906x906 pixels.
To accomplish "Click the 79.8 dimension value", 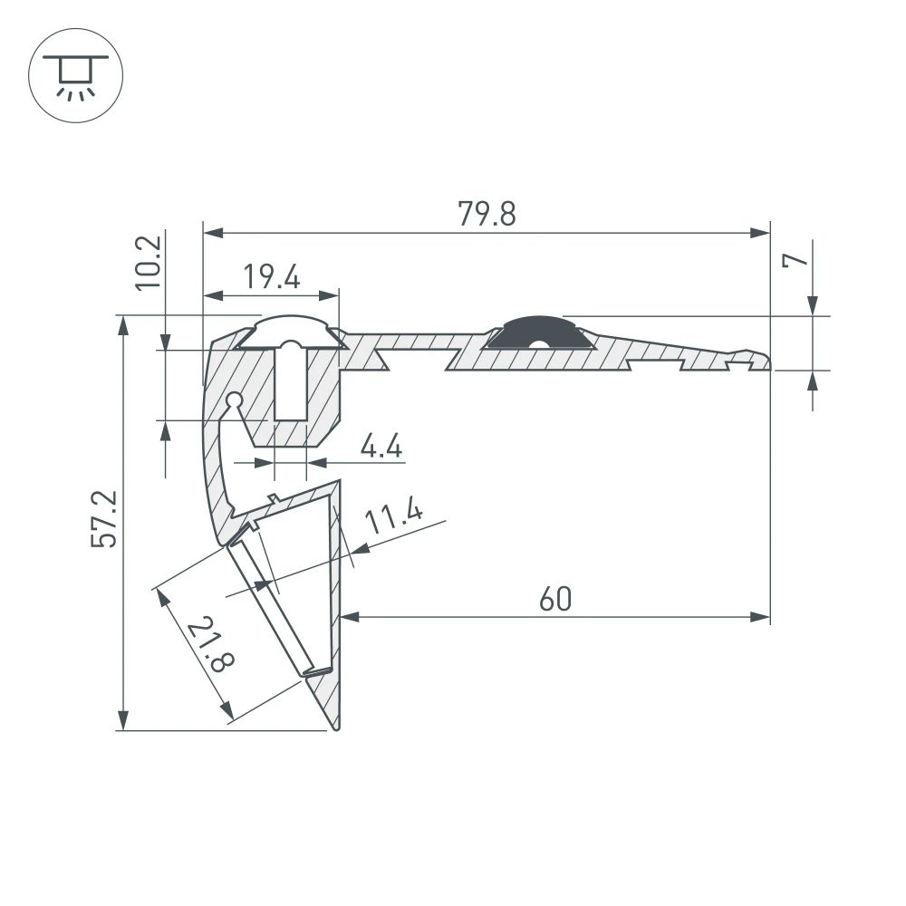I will [x=487, y=215].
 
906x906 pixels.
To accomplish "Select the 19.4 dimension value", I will [x=271, y=277].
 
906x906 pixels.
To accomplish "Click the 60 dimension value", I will [x=555, y=599].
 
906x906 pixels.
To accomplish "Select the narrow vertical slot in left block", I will [x=290, y=385].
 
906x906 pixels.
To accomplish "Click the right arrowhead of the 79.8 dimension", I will [x=761, y=233].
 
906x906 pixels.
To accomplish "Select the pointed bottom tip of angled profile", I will [x=336, y=727].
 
